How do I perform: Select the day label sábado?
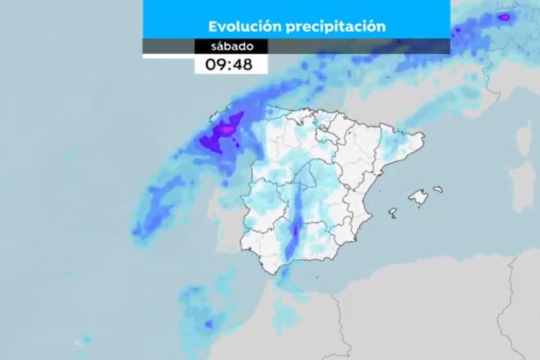pos(231,46)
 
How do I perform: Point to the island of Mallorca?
pos(418,198)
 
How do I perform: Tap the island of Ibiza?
pos(392,212)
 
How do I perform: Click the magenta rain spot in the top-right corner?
pos(505,16)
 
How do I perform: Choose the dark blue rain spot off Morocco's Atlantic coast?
pos(208,323)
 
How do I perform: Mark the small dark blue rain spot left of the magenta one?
pos(457,31)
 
